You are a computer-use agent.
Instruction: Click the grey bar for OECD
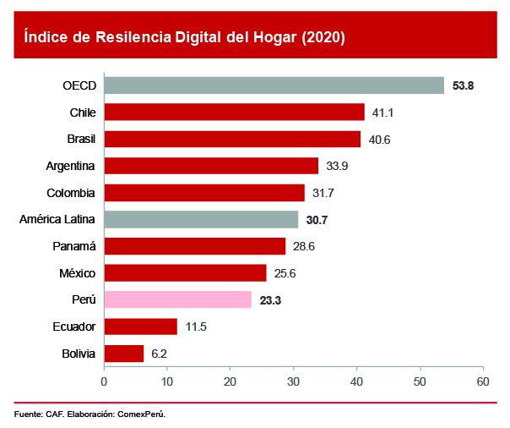274,85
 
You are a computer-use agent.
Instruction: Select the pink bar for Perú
177,299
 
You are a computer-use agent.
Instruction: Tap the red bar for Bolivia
123,354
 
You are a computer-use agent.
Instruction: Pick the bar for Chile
234,112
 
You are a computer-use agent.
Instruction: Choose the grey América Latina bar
201,219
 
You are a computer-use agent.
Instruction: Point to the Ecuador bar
140,326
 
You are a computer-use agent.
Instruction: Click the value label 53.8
464,85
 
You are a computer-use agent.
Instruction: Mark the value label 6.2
158,354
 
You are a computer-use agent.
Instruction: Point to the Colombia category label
71,193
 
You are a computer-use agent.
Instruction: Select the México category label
77,273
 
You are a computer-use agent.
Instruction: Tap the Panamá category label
74,246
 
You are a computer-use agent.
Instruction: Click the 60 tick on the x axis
483,381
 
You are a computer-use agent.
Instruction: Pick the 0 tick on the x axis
104,381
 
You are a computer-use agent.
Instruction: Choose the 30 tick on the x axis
294,381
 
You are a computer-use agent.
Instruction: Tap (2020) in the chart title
323,37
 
